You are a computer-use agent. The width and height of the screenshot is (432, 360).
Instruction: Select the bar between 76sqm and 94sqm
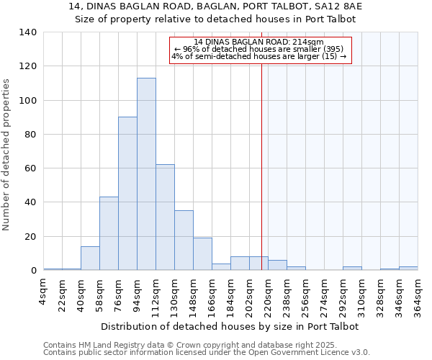127,194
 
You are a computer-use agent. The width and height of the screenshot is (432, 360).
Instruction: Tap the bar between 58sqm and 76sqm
109,233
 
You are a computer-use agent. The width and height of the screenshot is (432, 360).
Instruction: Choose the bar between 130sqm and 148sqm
184,240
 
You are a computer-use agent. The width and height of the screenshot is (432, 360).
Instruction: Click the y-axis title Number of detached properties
6,155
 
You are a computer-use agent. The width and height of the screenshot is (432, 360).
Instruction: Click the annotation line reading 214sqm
259,42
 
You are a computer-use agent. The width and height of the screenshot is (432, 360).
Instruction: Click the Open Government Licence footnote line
207,353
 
